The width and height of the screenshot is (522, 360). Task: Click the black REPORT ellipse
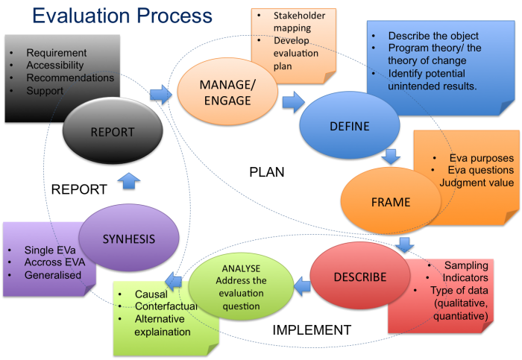[112, 132]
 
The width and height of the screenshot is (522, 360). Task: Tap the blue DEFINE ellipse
[349, 126]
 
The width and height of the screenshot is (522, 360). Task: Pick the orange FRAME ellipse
[390, 201]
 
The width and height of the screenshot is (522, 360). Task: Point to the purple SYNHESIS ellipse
[128, 239]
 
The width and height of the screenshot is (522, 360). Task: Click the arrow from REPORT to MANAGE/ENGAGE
[160, 94]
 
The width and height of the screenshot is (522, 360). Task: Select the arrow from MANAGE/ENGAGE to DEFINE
[293, 101]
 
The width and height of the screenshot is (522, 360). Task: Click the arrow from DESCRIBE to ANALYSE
[303, 282]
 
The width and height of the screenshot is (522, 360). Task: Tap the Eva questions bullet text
[481, 171]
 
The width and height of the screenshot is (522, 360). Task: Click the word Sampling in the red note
[465, 265]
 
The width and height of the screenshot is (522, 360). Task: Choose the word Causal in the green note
[151, 294]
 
